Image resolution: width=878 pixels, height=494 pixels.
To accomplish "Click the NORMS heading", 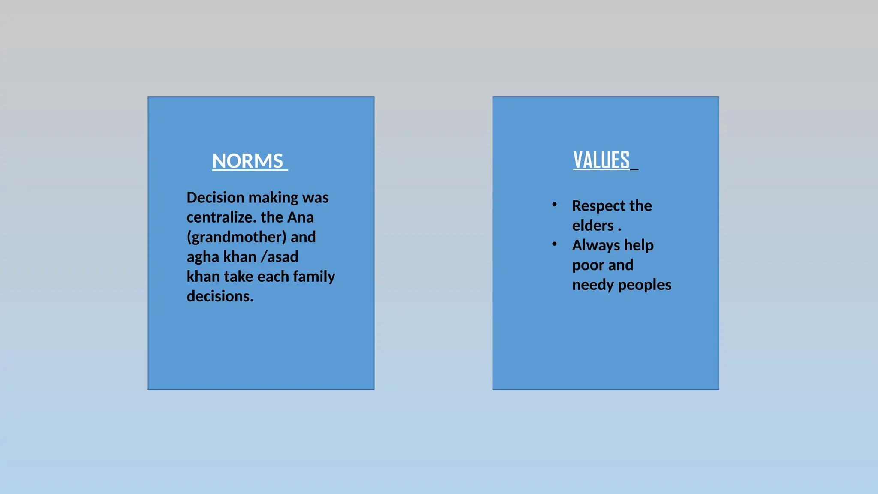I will pos(247,161).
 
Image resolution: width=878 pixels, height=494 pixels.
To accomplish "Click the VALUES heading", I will pos(601,160).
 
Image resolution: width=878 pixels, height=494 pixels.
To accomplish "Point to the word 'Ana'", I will pos(300,217).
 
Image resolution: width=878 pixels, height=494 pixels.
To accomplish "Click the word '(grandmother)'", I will pos(236,237).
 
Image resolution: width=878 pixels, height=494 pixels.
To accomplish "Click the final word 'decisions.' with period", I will pos(220,296).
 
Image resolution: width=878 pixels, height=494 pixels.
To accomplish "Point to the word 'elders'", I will pos(593,226).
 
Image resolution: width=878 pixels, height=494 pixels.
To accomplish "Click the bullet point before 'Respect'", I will pos(554,205).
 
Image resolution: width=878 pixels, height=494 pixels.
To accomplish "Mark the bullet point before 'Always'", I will pos(554,244).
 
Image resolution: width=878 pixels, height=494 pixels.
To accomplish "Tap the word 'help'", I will pos(639,245).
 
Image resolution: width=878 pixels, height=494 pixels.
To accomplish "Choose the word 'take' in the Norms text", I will pos(238,277).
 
